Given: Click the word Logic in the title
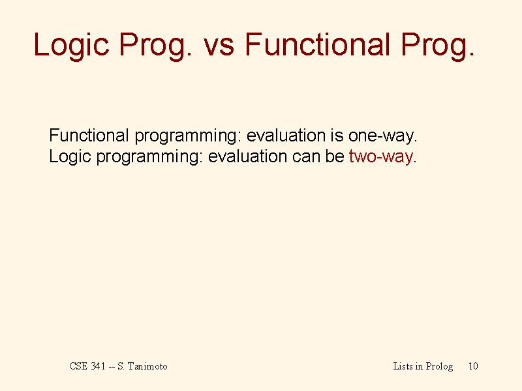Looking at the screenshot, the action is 71,46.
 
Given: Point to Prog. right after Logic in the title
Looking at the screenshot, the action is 155,46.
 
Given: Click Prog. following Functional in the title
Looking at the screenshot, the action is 437,46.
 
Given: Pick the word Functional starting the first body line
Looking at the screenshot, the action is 89,136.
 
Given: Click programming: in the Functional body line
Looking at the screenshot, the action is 187,137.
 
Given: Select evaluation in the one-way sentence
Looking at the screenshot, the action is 286,136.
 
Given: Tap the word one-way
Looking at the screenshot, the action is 382,137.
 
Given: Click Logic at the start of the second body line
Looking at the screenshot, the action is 70,156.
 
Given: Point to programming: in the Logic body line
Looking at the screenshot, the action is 149,157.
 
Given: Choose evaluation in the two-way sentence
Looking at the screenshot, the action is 247,156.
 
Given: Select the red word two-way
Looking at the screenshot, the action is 381,157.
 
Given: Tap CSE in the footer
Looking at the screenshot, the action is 78,366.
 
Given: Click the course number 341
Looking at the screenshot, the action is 99,366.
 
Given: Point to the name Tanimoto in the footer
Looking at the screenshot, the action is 148,366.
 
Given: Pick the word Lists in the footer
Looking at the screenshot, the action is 403,366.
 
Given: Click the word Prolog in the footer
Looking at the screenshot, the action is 439,367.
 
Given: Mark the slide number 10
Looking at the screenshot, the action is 473,366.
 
